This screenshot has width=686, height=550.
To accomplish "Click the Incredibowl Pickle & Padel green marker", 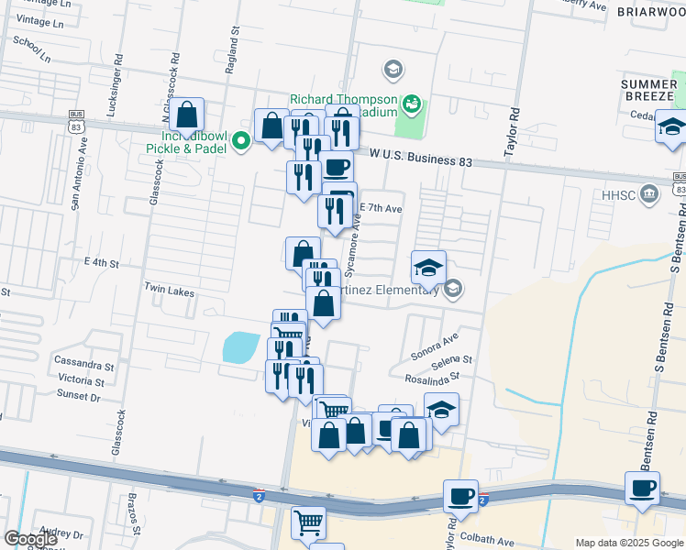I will [x=241, y=140].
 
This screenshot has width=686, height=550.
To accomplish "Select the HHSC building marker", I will [x=649, y=193].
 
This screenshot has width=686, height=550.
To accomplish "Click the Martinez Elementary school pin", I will [x=451, y=290].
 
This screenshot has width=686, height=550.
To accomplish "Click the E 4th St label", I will [x=102, y=262].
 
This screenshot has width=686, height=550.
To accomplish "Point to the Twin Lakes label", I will [x=169, y=289].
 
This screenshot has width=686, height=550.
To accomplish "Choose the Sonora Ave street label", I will [x=435, y=344].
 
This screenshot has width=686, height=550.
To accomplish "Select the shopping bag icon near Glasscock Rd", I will [x=186, y=115].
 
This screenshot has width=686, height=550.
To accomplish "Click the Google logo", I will [x=29, y=539].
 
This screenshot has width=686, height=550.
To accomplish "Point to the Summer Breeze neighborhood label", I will [x=647, y=90].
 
